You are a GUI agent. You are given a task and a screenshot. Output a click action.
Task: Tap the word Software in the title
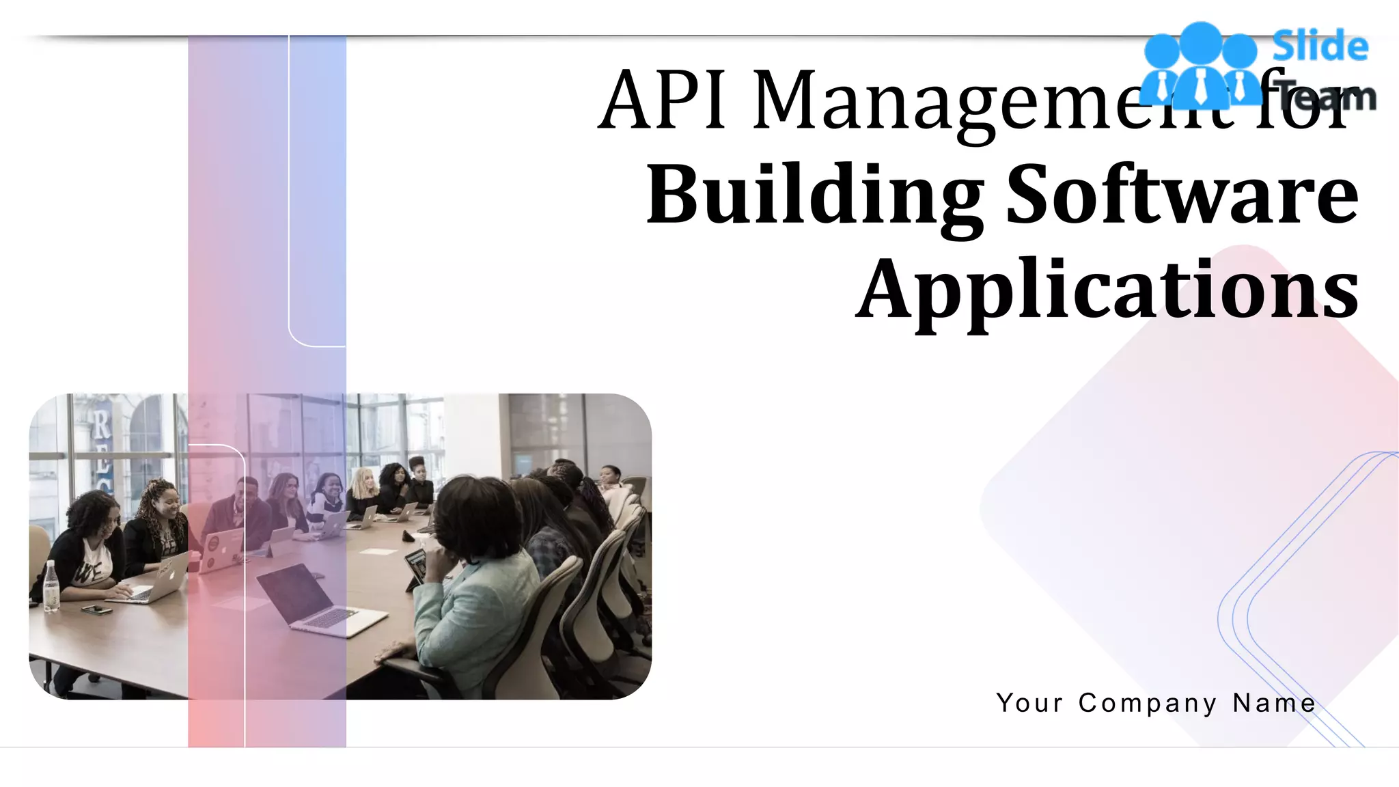click(1182, 195)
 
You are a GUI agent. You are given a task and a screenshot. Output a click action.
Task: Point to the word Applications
click(1107, 291)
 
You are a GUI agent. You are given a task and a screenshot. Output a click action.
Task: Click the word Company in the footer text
click(1148, 703)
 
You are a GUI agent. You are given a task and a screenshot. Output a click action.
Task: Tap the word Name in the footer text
click(1275, 702)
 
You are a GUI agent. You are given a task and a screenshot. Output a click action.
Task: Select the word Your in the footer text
click(1030, 702)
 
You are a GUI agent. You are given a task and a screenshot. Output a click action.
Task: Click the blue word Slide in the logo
click(1320, 46)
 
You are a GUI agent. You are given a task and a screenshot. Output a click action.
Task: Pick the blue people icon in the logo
click(1201, 66)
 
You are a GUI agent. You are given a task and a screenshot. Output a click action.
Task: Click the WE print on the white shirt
click(85, 572)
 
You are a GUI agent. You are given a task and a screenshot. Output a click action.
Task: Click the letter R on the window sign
click(101, 424)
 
